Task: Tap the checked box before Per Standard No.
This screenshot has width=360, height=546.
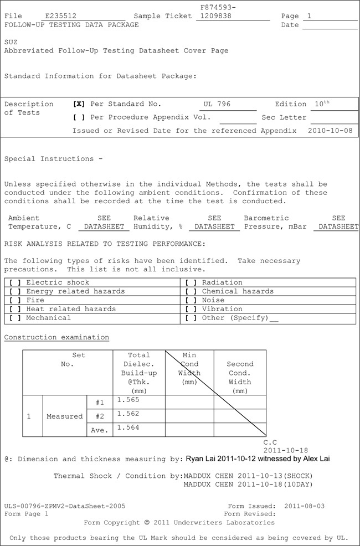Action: (79, 104)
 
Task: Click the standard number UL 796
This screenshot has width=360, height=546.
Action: (217, 104)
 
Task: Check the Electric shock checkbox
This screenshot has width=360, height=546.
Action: (16, 282)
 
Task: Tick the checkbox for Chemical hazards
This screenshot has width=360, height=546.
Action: (191, 291)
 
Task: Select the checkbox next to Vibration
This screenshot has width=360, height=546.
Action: (191, 309)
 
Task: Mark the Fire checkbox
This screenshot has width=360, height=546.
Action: (16, 300)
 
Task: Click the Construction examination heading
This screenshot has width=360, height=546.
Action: (56, 337)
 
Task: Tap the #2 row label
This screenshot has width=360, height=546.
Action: (100, 416)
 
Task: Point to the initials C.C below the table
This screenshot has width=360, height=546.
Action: (270, 442)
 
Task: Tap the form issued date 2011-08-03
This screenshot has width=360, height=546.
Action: (304, 506)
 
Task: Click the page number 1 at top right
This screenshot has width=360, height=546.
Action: (310, 16)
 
